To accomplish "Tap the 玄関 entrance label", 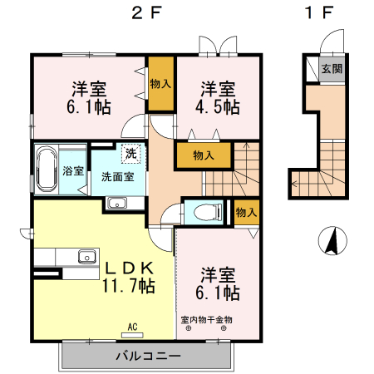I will (x=330, y=69).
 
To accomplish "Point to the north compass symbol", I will (x=331, y=241).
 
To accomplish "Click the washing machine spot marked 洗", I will (x=130, y=154).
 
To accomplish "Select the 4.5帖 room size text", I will (x=219, y=107).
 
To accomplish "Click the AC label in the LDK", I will (x=131, y=326).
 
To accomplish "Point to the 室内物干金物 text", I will (x=206, y=319).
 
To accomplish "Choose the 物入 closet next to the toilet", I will (x=245, y=212).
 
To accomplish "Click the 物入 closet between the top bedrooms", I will (x=161, y=83).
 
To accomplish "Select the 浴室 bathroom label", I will (x=72, y=171).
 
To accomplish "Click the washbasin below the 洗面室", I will (x=116, y=204).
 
